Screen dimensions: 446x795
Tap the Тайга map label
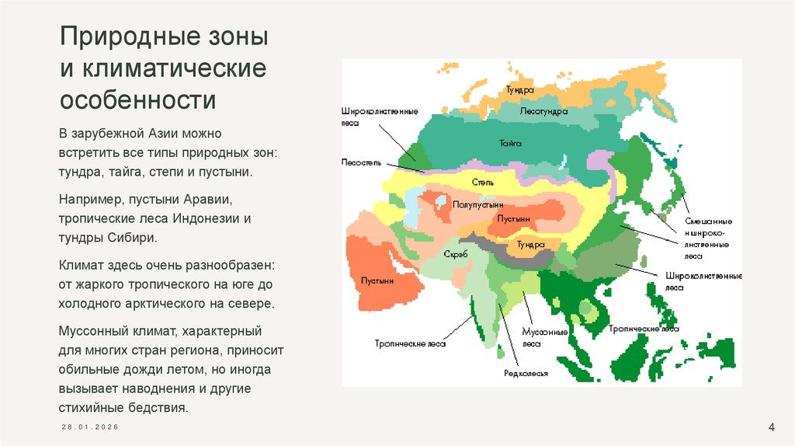[510, 143]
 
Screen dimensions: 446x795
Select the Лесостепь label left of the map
[359, 163]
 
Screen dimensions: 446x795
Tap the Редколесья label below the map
[526, 374]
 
